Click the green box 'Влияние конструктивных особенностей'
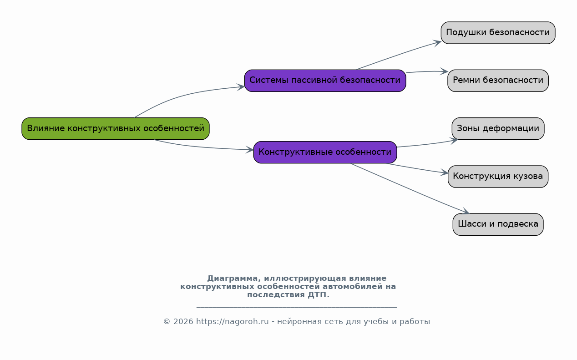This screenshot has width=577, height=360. coord(116,129)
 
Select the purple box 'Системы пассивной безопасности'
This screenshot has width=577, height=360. coord(325,81)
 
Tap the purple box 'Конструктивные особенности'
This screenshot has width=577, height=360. coord(325,152)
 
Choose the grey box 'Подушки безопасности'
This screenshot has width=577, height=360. coord(498,33)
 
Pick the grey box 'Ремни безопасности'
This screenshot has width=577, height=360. coord(498,81)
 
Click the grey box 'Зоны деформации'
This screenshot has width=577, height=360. coord(498,129)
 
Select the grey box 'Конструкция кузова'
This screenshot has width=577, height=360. coord(498,177)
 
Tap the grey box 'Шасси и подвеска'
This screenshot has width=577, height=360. coord(498,224)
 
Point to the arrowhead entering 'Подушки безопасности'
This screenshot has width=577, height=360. coord(437,43)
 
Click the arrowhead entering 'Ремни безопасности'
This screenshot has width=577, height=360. coord(444,71)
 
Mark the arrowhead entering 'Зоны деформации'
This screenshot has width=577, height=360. coord(454,141)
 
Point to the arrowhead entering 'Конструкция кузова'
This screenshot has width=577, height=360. coord(444,172)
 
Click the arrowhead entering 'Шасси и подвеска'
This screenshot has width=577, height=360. coord(465,211)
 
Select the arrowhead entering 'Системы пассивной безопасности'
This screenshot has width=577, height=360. coord(241,87)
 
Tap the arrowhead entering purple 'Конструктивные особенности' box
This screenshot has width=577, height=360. coord(250,149)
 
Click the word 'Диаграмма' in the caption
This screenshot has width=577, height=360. coord(234,279)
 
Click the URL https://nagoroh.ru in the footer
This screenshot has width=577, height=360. coord(233,322)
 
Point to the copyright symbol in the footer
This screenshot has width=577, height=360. coord(167,322)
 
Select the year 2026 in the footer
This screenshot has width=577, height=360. coord(183,322)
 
